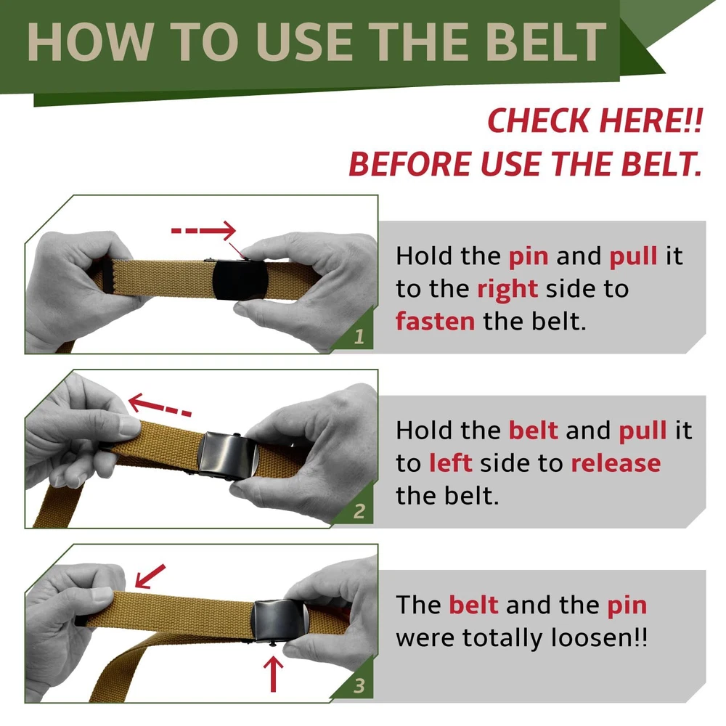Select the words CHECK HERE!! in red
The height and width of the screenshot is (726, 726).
coord(595,121)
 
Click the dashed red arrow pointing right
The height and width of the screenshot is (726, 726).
coord(204,230)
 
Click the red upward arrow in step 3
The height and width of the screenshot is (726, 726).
coord(273,674)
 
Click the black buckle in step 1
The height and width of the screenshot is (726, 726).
coord(240,280)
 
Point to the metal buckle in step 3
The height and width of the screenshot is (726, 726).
coord(280,621)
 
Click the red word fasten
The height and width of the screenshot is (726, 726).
coord(435,321)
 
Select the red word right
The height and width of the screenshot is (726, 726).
coord(507,290)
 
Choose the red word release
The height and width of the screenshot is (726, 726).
coord(616,463)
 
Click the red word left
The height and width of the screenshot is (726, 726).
coord(451,462)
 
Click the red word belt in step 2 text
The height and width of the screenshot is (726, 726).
coord(533,430)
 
